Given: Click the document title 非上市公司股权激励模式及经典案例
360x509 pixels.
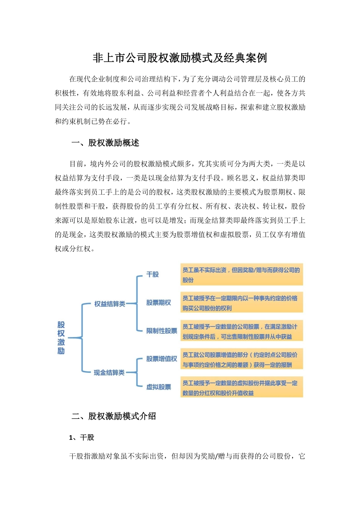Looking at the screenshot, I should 180,58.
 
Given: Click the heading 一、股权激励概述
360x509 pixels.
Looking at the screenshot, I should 105,143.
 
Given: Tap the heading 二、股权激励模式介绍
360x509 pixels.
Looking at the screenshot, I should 114,416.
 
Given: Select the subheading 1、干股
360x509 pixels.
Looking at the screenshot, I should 81,437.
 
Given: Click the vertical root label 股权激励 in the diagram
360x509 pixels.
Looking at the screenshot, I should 61,338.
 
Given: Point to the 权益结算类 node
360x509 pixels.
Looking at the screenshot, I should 110,304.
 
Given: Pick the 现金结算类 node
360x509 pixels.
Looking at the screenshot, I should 109,373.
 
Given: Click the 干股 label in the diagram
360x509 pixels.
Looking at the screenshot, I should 152,274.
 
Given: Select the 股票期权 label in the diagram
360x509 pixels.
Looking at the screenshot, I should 158,303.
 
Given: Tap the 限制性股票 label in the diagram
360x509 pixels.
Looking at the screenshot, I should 161,331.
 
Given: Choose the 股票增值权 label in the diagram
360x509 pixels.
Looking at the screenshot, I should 161,359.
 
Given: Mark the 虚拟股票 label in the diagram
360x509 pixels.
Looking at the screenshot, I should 158,387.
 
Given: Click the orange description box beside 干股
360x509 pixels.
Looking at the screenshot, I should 241,275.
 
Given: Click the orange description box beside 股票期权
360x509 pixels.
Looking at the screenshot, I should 241,303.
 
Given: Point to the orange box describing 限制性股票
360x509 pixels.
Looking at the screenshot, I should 241,331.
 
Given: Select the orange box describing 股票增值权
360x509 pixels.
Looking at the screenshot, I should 241,359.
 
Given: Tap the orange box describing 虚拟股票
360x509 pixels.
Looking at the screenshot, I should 241,387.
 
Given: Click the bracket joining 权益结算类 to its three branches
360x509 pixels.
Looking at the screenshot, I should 137,303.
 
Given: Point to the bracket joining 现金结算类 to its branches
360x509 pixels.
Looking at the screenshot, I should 137,373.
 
